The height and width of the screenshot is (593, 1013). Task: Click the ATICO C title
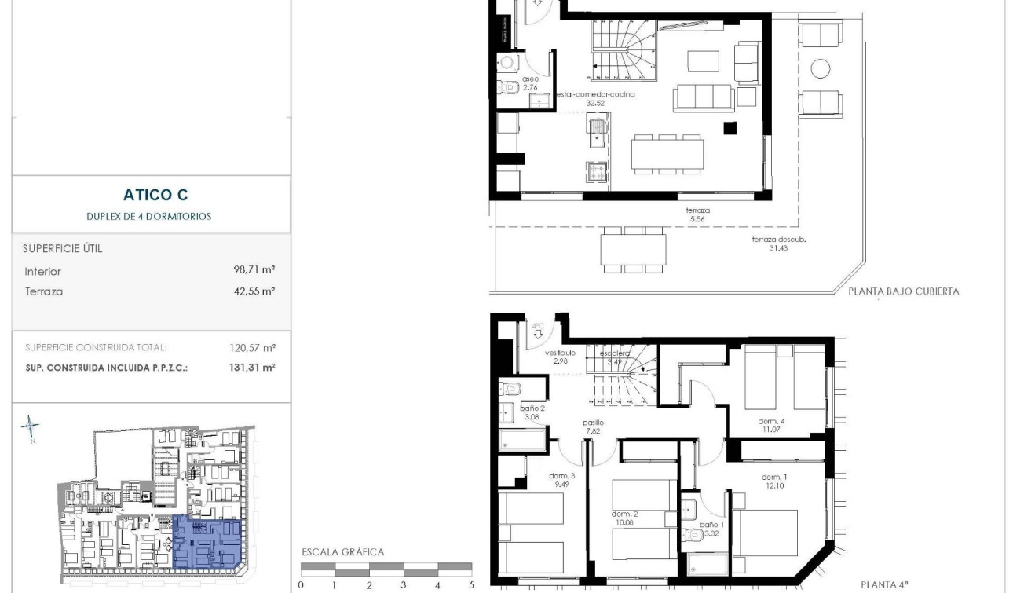155,195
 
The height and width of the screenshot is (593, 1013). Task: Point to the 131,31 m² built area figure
252,367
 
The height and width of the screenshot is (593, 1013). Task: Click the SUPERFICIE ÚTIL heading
64,248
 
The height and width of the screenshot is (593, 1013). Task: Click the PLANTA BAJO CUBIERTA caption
903,291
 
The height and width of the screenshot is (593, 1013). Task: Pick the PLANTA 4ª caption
884,584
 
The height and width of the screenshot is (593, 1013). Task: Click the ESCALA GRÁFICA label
343,552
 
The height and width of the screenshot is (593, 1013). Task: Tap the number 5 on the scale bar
472,585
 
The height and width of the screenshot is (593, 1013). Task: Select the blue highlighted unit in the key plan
207,542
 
